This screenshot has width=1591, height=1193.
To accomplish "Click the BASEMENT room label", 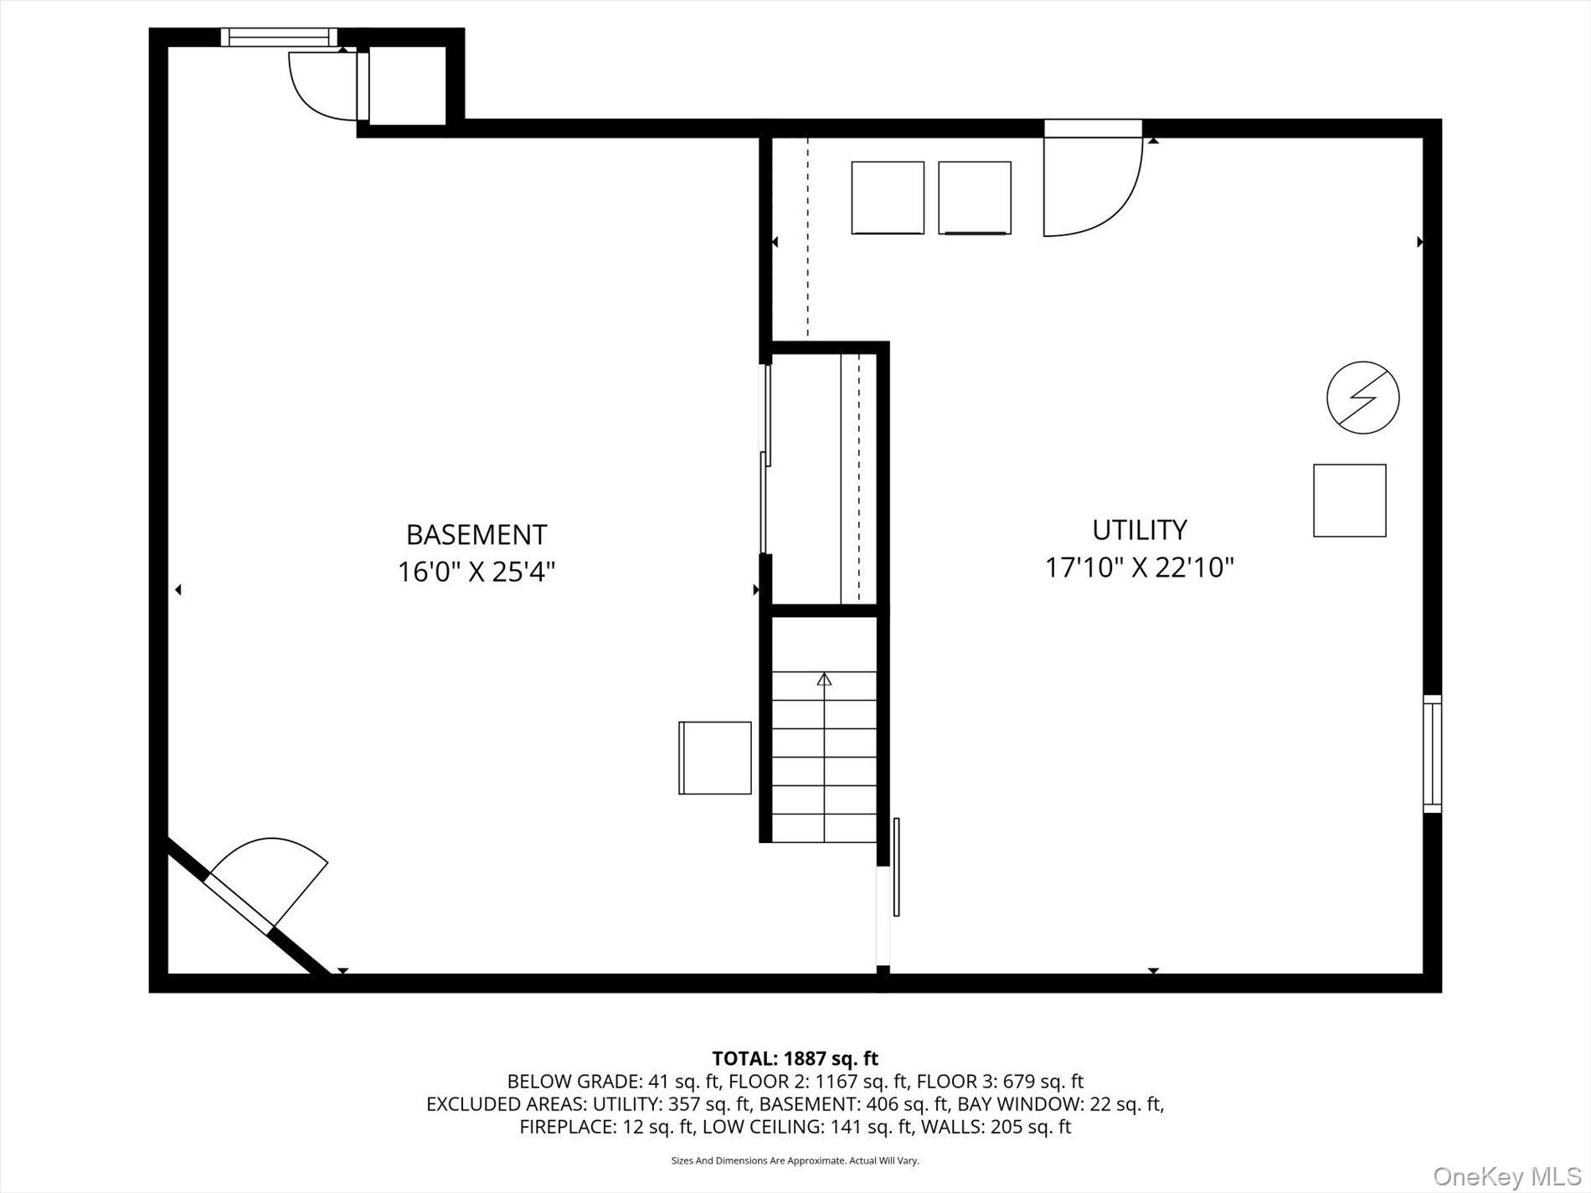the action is click(476, 534).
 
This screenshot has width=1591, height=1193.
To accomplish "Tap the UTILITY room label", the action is click(1140, 530).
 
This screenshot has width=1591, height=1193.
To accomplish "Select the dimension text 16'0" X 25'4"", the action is click(476, 572).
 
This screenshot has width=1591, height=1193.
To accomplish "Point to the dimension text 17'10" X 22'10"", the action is click(1140, 568).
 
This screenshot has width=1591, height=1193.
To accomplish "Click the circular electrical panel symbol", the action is click(1363, 397).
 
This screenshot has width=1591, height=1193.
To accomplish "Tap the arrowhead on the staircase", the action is click(825, 679).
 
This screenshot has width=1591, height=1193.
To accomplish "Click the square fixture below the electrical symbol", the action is click(1350, 501).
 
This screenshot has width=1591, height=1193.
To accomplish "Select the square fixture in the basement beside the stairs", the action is click(715, 758).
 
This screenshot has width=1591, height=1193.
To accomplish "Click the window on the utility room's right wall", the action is click(1433, 753).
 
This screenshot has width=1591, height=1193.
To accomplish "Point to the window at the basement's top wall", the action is click(279, 37).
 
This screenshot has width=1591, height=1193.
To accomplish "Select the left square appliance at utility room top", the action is click(888, 198).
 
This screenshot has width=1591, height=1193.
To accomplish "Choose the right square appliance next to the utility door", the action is click(975, 198).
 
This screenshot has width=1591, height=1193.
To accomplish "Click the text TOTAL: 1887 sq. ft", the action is click(795, 1059).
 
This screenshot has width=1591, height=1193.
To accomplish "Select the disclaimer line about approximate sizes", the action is click(795, 1161).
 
